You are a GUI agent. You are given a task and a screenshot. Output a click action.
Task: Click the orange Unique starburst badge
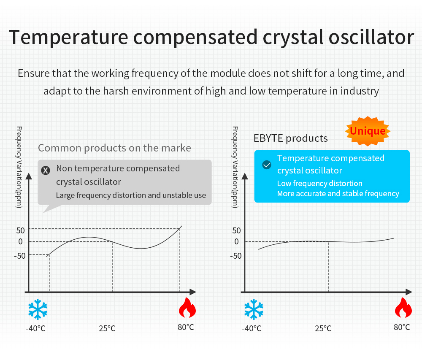[x=368, y=131]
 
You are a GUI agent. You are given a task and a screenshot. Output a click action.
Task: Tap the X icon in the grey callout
[x=46, y=170]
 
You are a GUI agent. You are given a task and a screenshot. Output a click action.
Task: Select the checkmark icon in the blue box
[x=266, y=165]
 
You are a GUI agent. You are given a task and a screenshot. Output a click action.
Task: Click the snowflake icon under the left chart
[x=38, y=310]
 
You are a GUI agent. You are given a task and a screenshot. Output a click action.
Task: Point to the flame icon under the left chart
[x=187, y=308]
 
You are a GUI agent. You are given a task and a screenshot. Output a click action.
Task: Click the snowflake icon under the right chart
[x=254, y=310]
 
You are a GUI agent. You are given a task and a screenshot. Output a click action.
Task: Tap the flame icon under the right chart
[x=403, y=308]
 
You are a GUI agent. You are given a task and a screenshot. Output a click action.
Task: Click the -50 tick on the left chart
[x=20, y=255]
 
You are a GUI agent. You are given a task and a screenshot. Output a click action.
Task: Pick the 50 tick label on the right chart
[x=236, y=230]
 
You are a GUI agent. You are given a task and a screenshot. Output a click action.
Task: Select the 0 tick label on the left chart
[x=21, y=241]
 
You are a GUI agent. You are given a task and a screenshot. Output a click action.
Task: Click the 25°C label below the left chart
[x=107, y=328]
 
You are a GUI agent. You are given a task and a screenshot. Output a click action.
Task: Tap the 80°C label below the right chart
[x=402, y=327]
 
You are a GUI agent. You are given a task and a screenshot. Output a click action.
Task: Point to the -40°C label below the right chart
[x=252, y=328]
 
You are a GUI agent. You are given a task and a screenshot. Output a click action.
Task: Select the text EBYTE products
[x=290, y=138]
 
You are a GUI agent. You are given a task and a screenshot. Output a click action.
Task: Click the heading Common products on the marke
[x=114, y=148]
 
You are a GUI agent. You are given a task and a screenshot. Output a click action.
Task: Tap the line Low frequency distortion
[x=319, y=184]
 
